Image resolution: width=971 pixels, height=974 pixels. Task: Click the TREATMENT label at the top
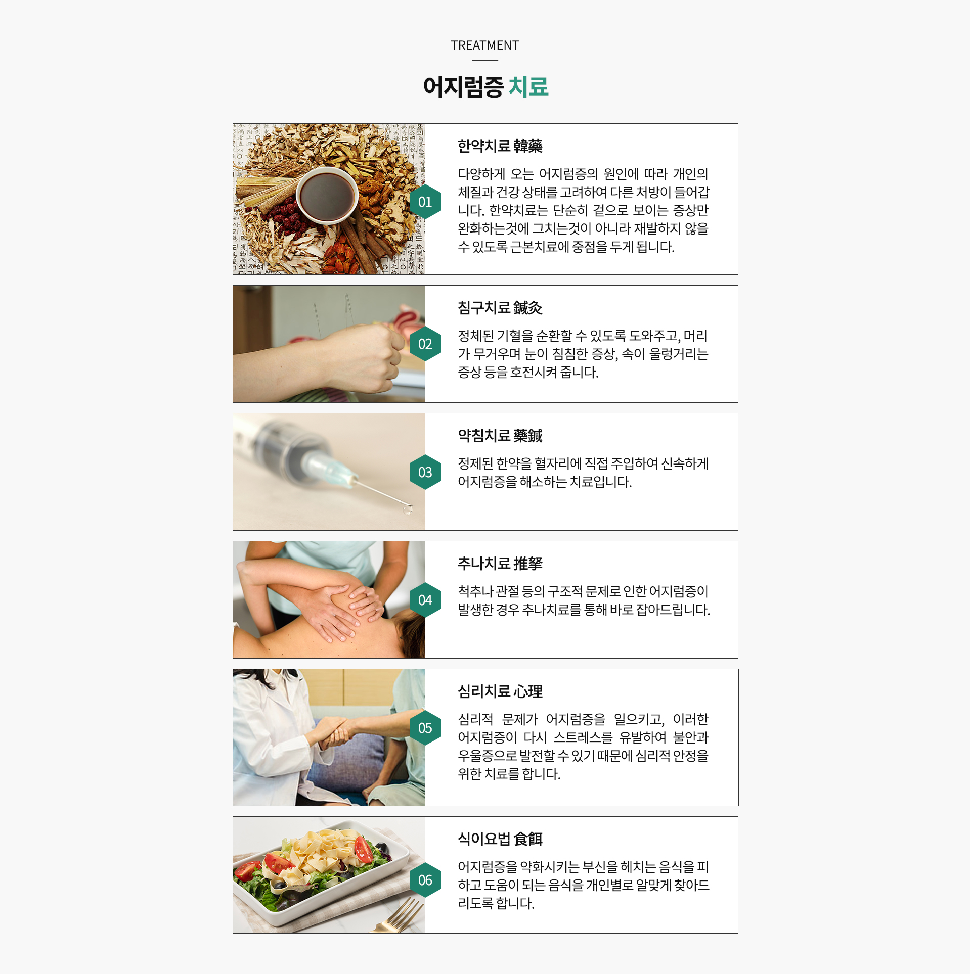click(x=484, y=45)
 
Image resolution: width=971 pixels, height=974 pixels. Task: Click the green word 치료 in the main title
click(x=528, y=86)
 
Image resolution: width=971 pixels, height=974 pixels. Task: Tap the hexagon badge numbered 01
click(x=425, y=202)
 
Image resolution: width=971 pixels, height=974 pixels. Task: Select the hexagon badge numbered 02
click(x=425, y=344)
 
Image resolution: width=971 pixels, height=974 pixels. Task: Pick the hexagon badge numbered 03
click(x=425, y=472)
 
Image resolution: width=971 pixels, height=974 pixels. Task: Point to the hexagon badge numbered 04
click(x=425, y=600)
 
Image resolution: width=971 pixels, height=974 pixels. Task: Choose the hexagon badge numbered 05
click(x=425, y=728)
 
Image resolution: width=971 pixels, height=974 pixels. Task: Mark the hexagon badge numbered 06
click(x=425, y=880)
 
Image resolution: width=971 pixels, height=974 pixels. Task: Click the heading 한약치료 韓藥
click(x=500, y=146)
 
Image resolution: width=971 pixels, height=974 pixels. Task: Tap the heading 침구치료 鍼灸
click(x=500, y=308)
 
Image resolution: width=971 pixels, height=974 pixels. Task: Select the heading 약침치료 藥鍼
click(x=500, y=436)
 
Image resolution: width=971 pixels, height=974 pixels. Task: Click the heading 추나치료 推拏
click(x=500, y=564)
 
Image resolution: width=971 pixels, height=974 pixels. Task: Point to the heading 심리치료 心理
click(x=500, y=691)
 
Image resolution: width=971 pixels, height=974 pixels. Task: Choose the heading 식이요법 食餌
click(x=500, y=839)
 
